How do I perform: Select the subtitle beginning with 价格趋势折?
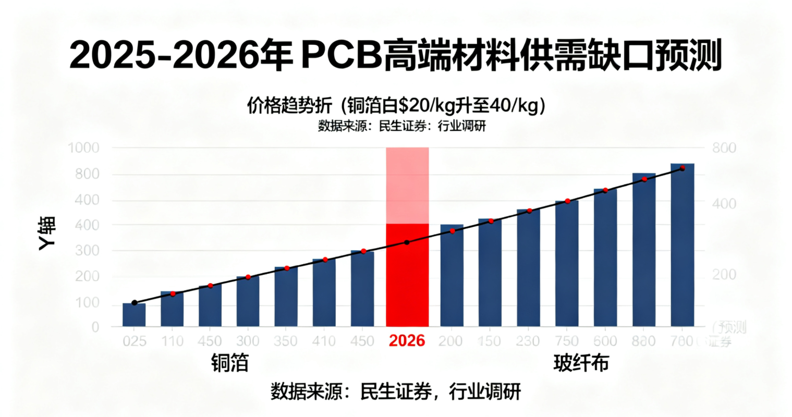point(396,106)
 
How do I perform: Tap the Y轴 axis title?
point(47,234)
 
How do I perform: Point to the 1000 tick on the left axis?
point(83,148)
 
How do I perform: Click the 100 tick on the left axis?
point(87,303)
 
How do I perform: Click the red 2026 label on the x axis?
point(407,341)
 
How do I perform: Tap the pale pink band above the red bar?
point(407,185)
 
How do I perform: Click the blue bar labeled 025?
point(134,314)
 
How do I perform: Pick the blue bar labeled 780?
point(682,245)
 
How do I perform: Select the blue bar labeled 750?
point(567,263)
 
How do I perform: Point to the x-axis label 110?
point(172,341)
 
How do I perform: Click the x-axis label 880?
point(643,341)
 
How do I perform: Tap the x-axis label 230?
point(528,341)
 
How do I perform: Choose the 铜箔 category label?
point(230,363)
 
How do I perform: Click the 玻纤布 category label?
point(581,363)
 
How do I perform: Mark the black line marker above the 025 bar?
point(135,303)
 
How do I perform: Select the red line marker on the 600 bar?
point(605,191)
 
